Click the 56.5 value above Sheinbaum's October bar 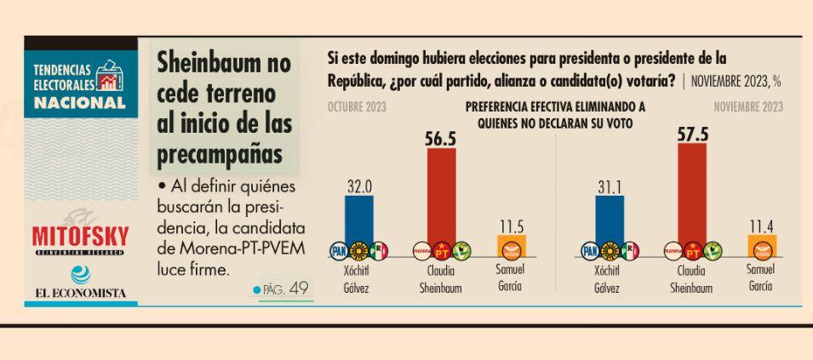pos(441,139)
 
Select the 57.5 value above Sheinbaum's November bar pos(692,134)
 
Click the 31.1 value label pos(610,185)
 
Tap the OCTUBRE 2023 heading pos(356,106)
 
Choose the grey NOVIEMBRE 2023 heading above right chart pos(748,106)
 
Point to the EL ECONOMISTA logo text pos(79,293)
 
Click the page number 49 pos(299,289)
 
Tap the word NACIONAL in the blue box pos(79,102)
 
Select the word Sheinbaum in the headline pos(223,63)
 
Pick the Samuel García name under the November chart pos(761,278)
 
